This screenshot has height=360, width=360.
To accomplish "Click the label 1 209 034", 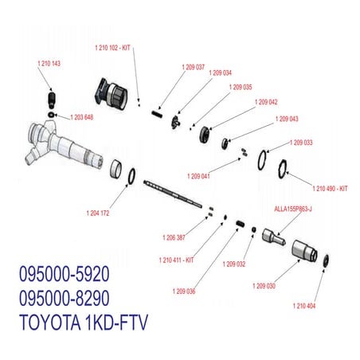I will point(221,72).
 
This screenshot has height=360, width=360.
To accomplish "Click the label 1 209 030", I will point(264,285).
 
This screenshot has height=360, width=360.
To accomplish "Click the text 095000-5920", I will point(63,275).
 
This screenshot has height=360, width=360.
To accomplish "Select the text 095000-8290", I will point(63,298).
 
